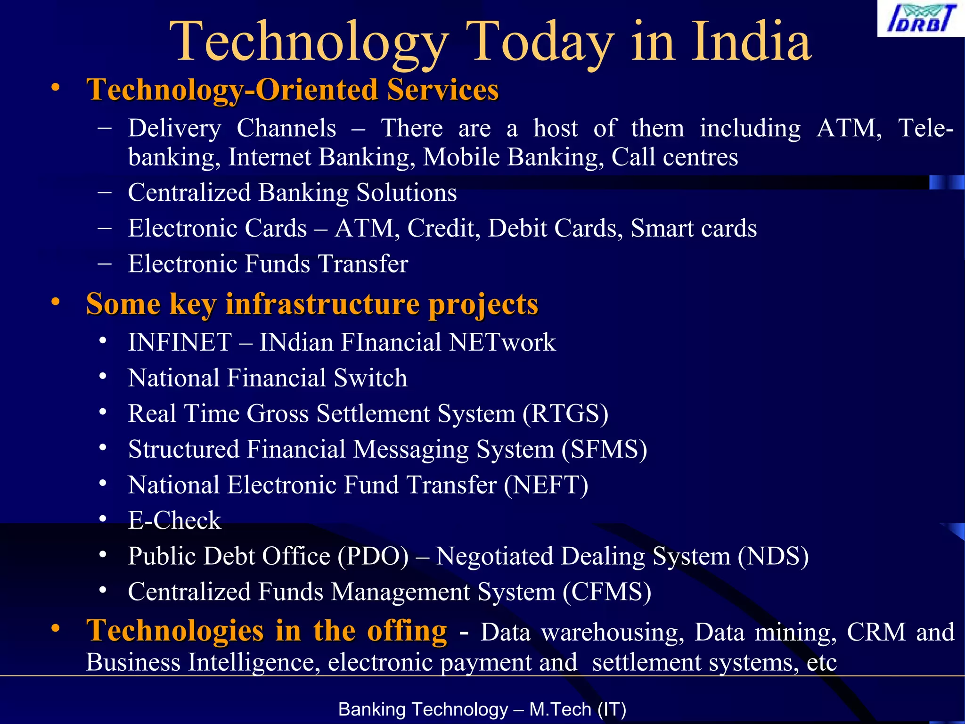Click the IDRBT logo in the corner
coord(921,19)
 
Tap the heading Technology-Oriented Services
coord(292,90)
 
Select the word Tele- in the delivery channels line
coord(925,128)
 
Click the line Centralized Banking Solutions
coord(292,193)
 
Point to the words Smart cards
coord(694,229)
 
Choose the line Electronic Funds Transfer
coord(268,264)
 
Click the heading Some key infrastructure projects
coord(312,304)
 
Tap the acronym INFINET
coord(180,342)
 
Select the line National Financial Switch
coord(268,378)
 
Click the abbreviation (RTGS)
coord(565,414)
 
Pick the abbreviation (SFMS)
coord(604,450)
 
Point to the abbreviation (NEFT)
coord(546,485)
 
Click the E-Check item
coord(174,521)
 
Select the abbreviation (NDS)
coord(773,557)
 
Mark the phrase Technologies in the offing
coord(266,631)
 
